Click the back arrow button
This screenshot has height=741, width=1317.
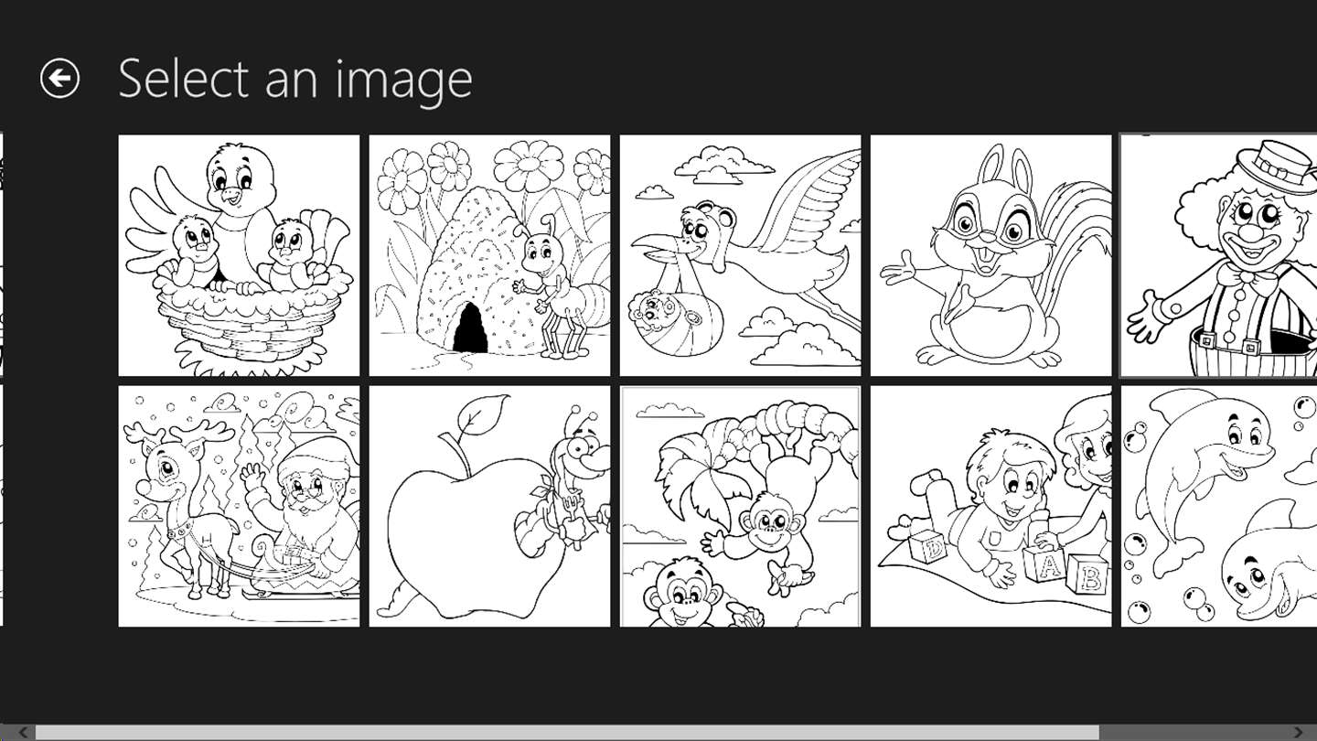(x=59, y=78)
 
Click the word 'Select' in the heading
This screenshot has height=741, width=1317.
(x=184, y=79)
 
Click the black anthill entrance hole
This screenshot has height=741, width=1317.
(x=470, y=328)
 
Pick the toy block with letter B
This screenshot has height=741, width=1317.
(x=1088, y=575)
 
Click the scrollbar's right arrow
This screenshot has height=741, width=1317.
(x=1299, y=732)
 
